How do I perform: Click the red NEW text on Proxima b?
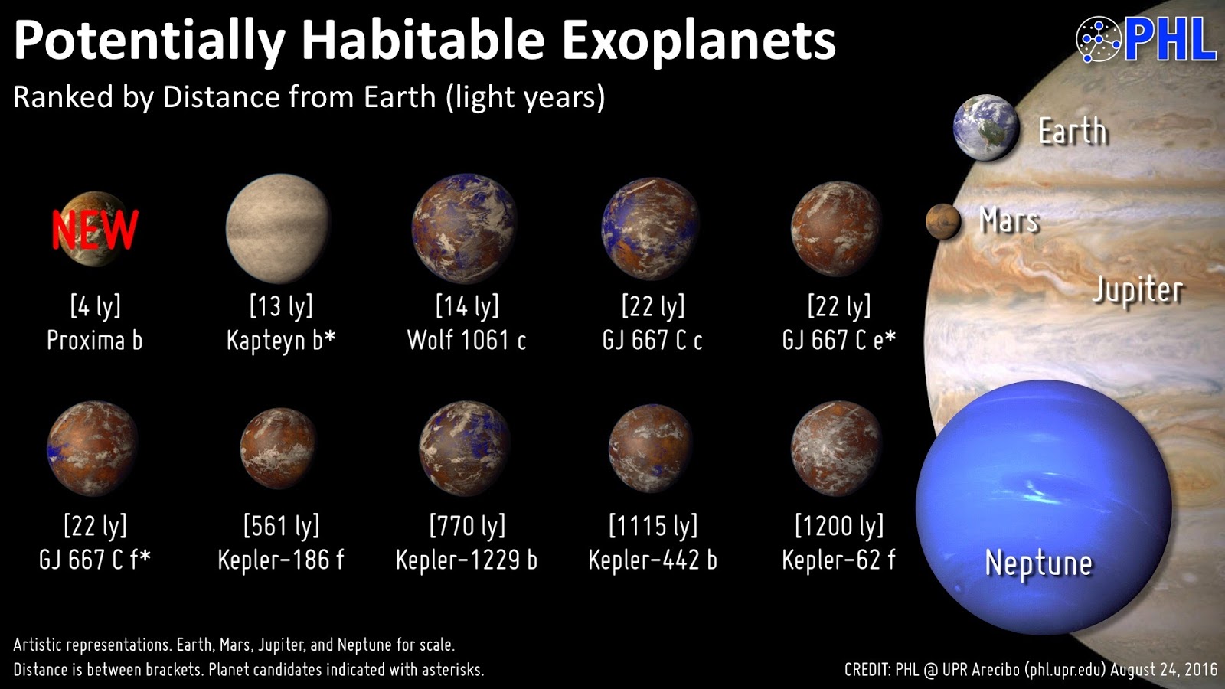point(95,230)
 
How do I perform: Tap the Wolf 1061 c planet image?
point(465,228)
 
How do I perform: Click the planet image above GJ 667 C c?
point(651,228)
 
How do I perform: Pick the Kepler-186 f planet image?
point(279,449)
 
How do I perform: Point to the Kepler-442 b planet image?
point(651,449)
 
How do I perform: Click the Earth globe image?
point(986,128)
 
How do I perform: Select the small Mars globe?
point(943,222)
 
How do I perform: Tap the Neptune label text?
point(1038,563)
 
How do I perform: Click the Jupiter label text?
point(1137,290)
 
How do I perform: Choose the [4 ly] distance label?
point(95,306)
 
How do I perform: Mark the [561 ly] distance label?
point(281,526)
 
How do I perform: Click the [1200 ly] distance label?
point(839,526)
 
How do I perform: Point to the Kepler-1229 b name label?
point(466,560)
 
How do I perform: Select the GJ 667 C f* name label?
point(95,560)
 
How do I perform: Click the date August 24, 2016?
point(1164,670)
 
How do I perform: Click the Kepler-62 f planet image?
point(836,449)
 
